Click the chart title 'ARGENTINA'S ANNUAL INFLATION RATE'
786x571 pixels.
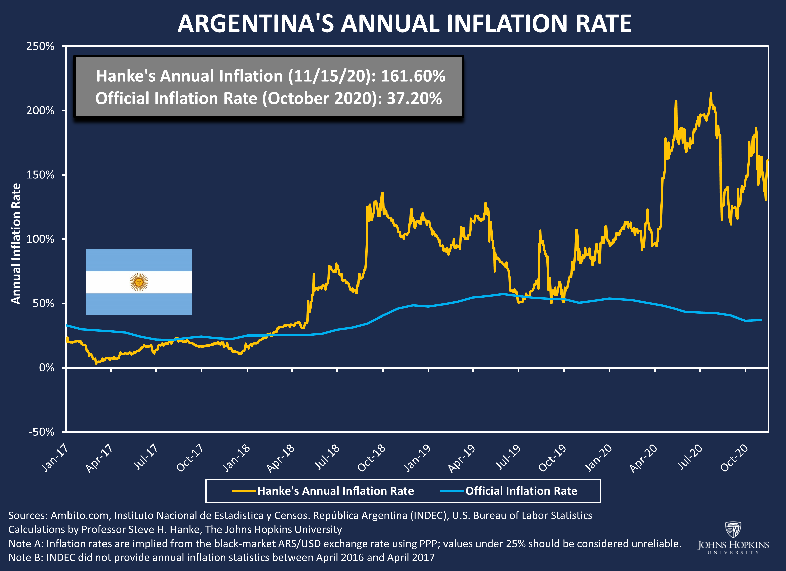click(404, 24)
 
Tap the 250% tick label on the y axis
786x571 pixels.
click(40, 46)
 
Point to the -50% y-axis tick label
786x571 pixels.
click(41, 432)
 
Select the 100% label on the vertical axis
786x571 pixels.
click(40, 239)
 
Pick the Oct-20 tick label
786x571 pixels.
click(734, 458)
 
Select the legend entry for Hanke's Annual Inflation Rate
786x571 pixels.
click(323, 491)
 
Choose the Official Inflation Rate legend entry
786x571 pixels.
click(509, 491)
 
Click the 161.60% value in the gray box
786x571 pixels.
click(413, 76)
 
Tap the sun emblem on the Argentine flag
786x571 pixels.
click(139, 282)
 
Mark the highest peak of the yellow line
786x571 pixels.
click(711, 93)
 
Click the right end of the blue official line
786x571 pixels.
click(761, 320)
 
